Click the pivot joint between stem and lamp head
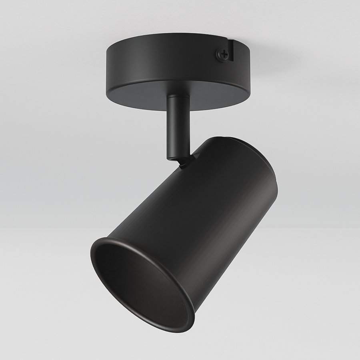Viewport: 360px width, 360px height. (x=184, y=162)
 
